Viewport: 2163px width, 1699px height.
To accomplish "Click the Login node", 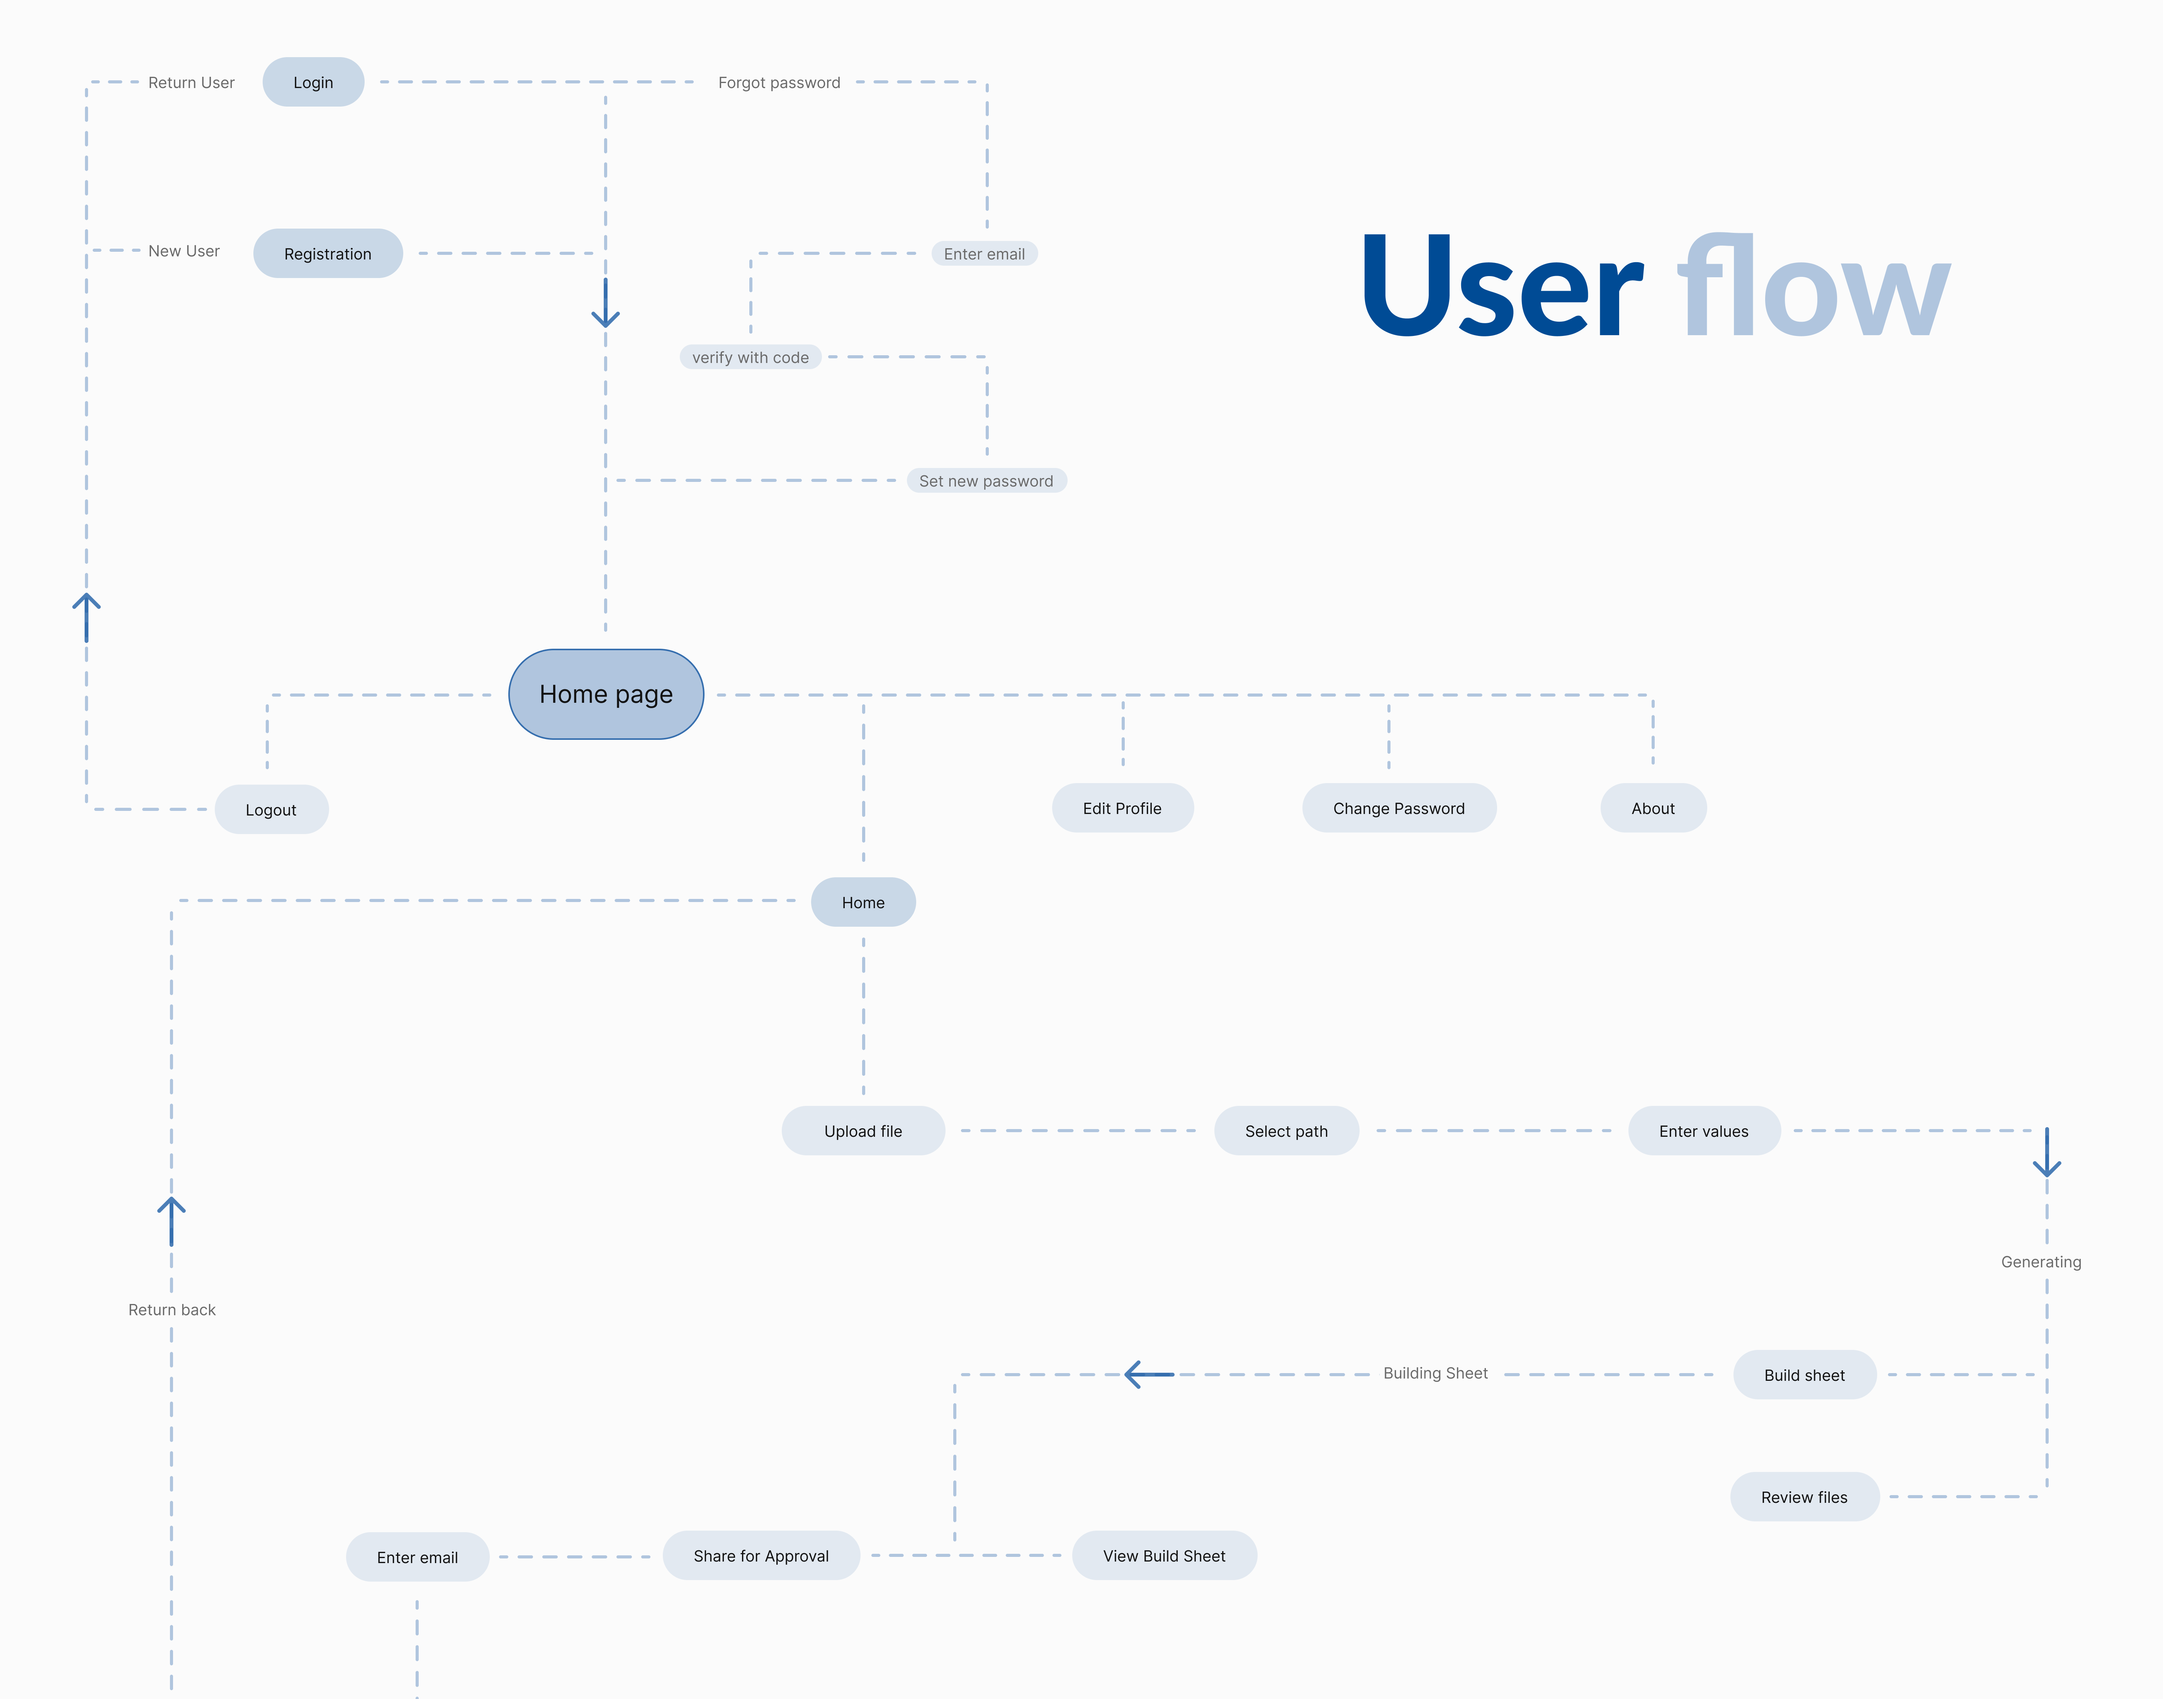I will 312,83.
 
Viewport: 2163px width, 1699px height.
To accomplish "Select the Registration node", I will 327,254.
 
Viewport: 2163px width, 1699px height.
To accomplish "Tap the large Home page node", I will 606,694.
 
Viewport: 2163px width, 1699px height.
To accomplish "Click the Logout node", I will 271,810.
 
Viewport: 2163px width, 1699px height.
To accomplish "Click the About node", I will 1653,808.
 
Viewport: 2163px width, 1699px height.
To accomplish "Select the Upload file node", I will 862,1131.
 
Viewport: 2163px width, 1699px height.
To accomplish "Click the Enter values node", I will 1703,1131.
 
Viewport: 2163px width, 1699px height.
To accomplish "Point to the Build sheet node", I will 1804,1375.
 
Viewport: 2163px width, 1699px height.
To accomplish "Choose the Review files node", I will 1804,1497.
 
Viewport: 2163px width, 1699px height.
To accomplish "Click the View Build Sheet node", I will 1164,1556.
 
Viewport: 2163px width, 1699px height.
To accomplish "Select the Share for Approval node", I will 761,1556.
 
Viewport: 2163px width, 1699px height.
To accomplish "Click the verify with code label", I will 750,357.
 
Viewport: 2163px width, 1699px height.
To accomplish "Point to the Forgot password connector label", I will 779,83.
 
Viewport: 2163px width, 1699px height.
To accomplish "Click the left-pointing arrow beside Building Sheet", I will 1148,1375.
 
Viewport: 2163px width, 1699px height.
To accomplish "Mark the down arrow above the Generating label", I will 2047,1154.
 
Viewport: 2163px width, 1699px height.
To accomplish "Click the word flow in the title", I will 1813,288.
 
